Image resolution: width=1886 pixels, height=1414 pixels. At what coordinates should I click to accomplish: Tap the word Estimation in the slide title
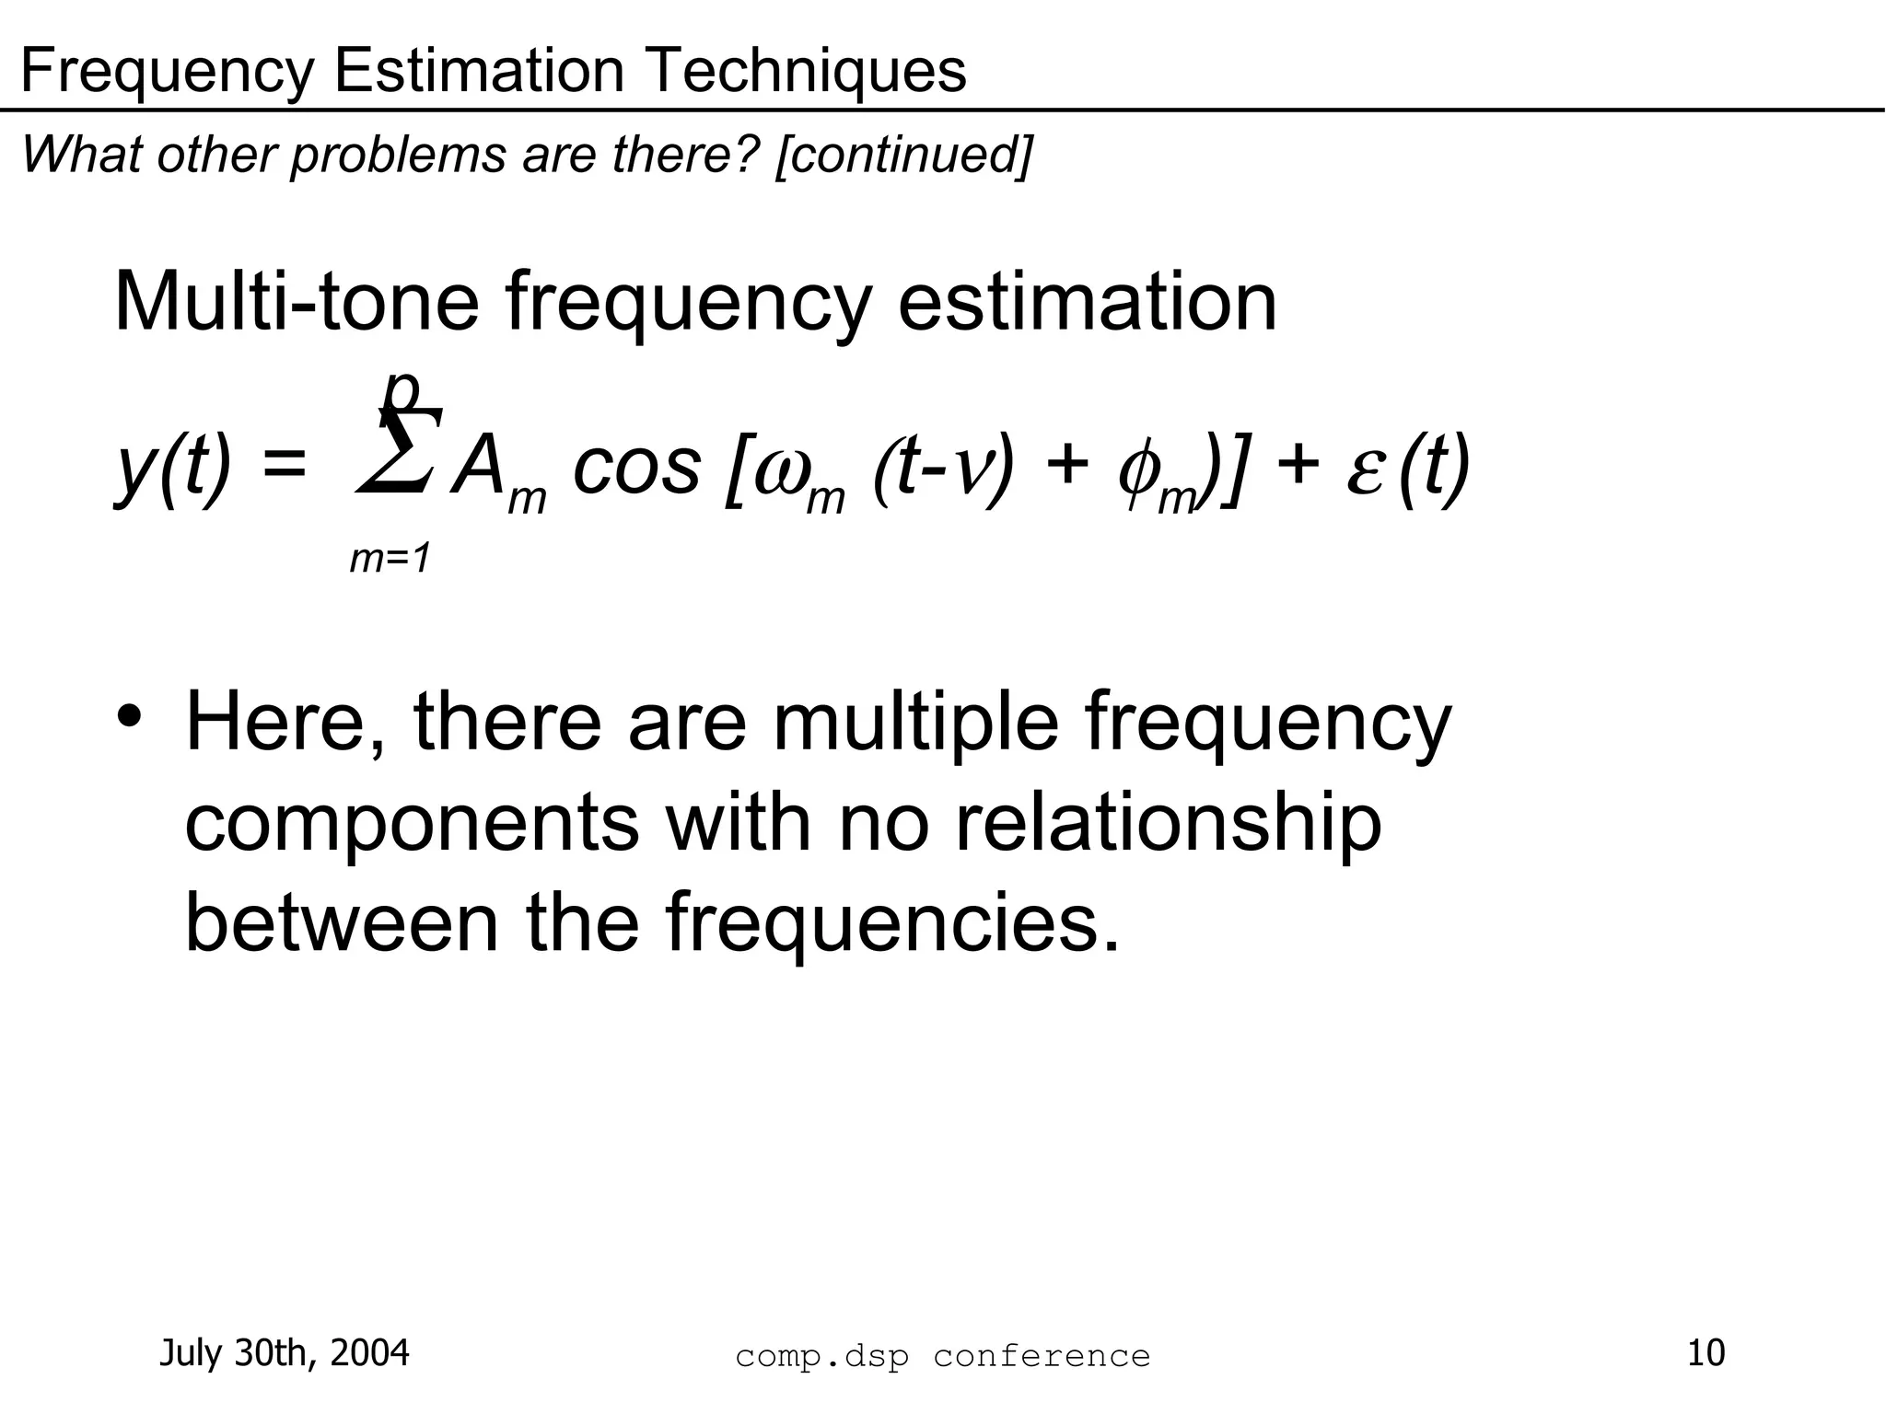(x=479, y=71)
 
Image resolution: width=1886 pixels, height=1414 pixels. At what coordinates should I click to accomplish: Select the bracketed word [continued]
(x=903, y=154)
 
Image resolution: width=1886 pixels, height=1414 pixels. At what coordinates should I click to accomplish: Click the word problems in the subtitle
(x=398, y=154)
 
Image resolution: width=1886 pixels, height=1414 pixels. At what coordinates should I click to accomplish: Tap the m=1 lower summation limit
(x=390, y=559)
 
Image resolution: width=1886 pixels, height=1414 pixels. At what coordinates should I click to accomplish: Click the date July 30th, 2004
(x=285, y=1353)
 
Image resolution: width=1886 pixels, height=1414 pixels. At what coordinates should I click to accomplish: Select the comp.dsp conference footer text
(x=942, y=1356)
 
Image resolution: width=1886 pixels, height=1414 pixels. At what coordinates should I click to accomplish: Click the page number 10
(x=1706, y=1353)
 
